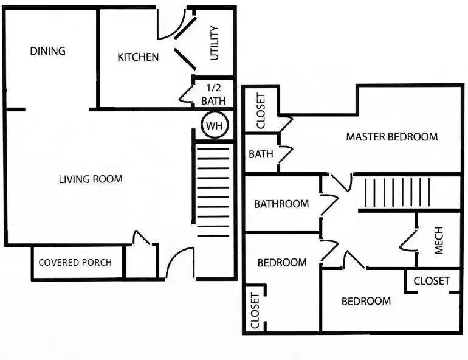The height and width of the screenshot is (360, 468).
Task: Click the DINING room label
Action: tap(47, 51)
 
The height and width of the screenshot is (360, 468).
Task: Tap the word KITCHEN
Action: tap(138, 57)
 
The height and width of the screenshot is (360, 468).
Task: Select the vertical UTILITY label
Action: tap(214, 44)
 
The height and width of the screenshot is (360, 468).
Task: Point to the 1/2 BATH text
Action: tap(213, 94)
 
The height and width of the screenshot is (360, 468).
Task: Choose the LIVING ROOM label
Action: tap(91, 179)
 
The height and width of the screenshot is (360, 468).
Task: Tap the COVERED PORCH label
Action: tap(75, 263)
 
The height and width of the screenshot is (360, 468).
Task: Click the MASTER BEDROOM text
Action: tap(391, 137)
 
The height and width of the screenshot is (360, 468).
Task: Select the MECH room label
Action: tap(439, 240)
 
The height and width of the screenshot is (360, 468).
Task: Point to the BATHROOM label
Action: tap(281, 204)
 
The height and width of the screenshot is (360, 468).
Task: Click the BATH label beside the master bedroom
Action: tap(260, 154)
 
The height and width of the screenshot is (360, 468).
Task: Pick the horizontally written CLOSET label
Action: tap(432, 280)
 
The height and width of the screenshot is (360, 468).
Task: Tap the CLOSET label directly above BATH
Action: tap(261, 111)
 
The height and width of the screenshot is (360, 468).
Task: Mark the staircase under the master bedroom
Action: tap(397, 193)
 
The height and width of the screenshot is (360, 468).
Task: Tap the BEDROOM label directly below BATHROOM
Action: tap(281, 263)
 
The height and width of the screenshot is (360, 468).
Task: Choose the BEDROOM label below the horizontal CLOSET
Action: tap(365, 301)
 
